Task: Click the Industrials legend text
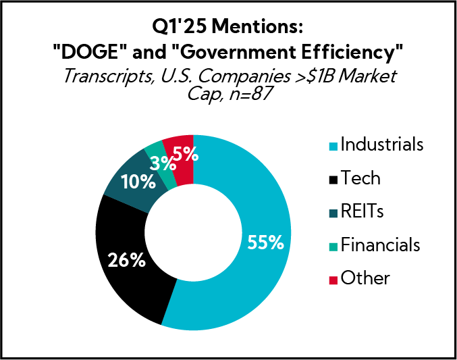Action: (382, 145)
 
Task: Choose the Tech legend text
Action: (360, 178)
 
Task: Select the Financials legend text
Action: (381, 245)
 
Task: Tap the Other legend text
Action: (365, 278)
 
